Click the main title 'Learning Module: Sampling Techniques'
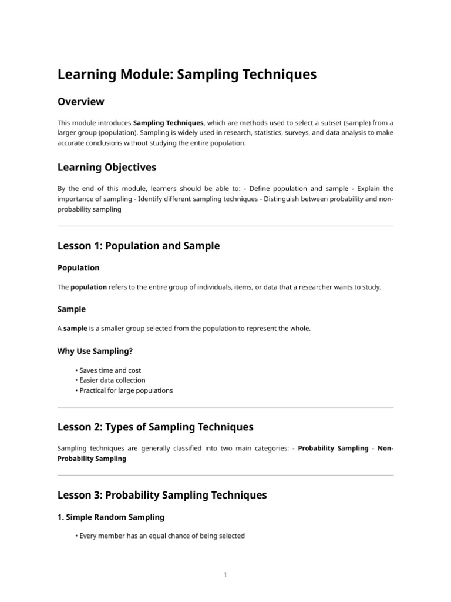click(187, 75)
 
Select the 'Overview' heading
click(80, 102)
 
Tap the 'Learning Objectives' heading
click(107, 168)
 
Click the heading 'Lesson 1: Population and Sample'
click(139, 246)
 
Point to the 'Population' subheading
click(79, 268)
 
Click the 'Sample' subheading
click(72, 309)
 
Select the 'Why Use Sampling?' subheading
click(95, 351)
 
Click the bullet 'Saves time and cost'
click(110, 370)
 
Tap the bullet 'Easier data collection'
click(112, 380)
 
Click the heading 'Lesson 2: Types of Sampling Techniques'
click(155, 427)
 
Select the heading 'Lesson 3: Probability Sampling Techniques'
click(162, 495)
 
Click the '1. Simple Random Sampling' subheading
click(111, 517)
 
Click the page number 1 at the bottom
click(225, 575)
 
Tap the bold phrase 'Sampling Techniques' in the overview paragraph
click(169, 123)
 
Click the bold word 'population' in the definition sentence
click(89, 287)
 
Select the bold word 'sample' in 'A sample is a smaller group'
click(75, 329)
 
